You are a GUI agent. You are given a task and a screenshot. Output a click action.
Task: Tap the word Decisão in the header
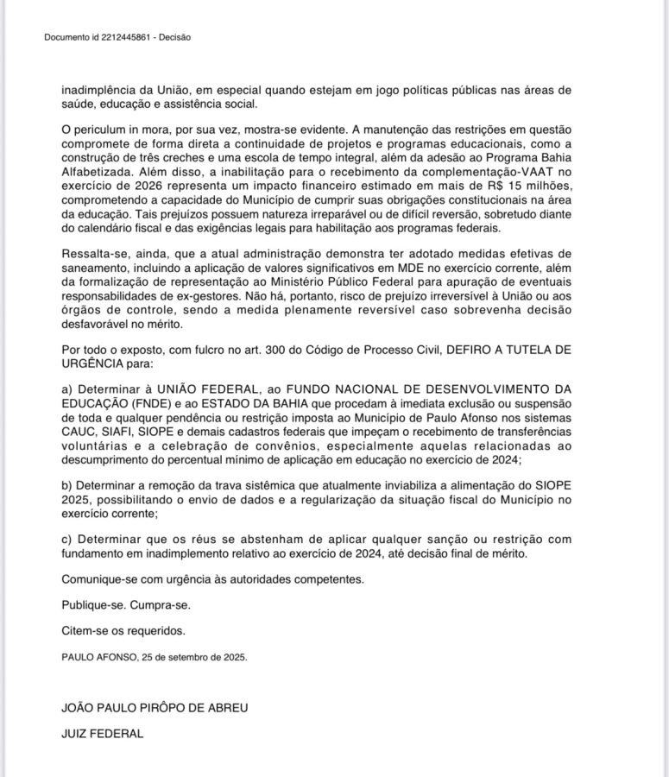[177, 37]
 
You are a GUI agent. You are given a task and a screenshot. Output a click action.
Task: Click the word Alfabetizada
[97, 180]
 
